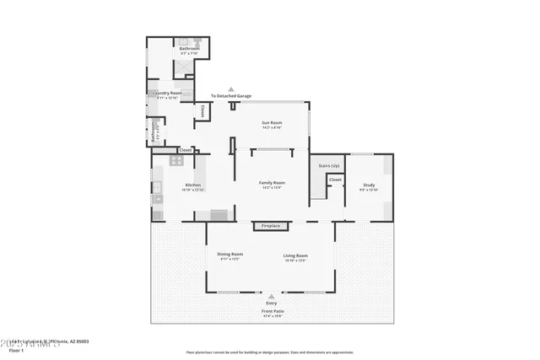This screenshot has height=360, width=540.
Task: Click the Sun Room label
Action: pos(270,123)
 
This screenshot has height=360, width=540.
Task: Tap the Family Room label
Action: pos(272,183)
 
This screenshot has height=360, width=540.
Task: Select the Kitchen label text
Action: pos(193,185)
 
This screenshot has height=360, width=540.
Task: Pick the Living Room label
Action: pos(295,255)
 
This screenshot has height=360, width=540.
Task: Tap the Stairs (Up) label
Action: pos(329,165)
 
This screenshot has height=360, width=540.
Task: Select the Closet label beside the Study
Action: pos(335,180)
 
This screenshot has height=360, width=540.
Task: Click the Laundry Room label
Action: pos(167,93)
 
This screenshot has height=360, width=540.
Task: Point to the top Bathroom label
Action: pos(189,49)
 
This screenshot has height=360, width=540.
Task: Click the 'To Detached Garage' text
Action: pos(231,96)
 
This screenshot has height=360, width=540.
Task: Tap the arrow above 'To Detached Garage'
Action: pos(231,89)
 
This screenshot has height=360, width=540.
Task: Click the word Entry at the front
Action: pos(271,303)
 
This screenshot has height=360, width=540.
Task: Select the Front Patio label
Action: pos(271,311)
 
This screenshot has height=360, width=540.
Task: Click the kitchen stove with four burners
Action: pos(177,159)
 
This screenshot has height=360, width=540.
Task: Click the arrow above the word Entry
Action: pos(271,297)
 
